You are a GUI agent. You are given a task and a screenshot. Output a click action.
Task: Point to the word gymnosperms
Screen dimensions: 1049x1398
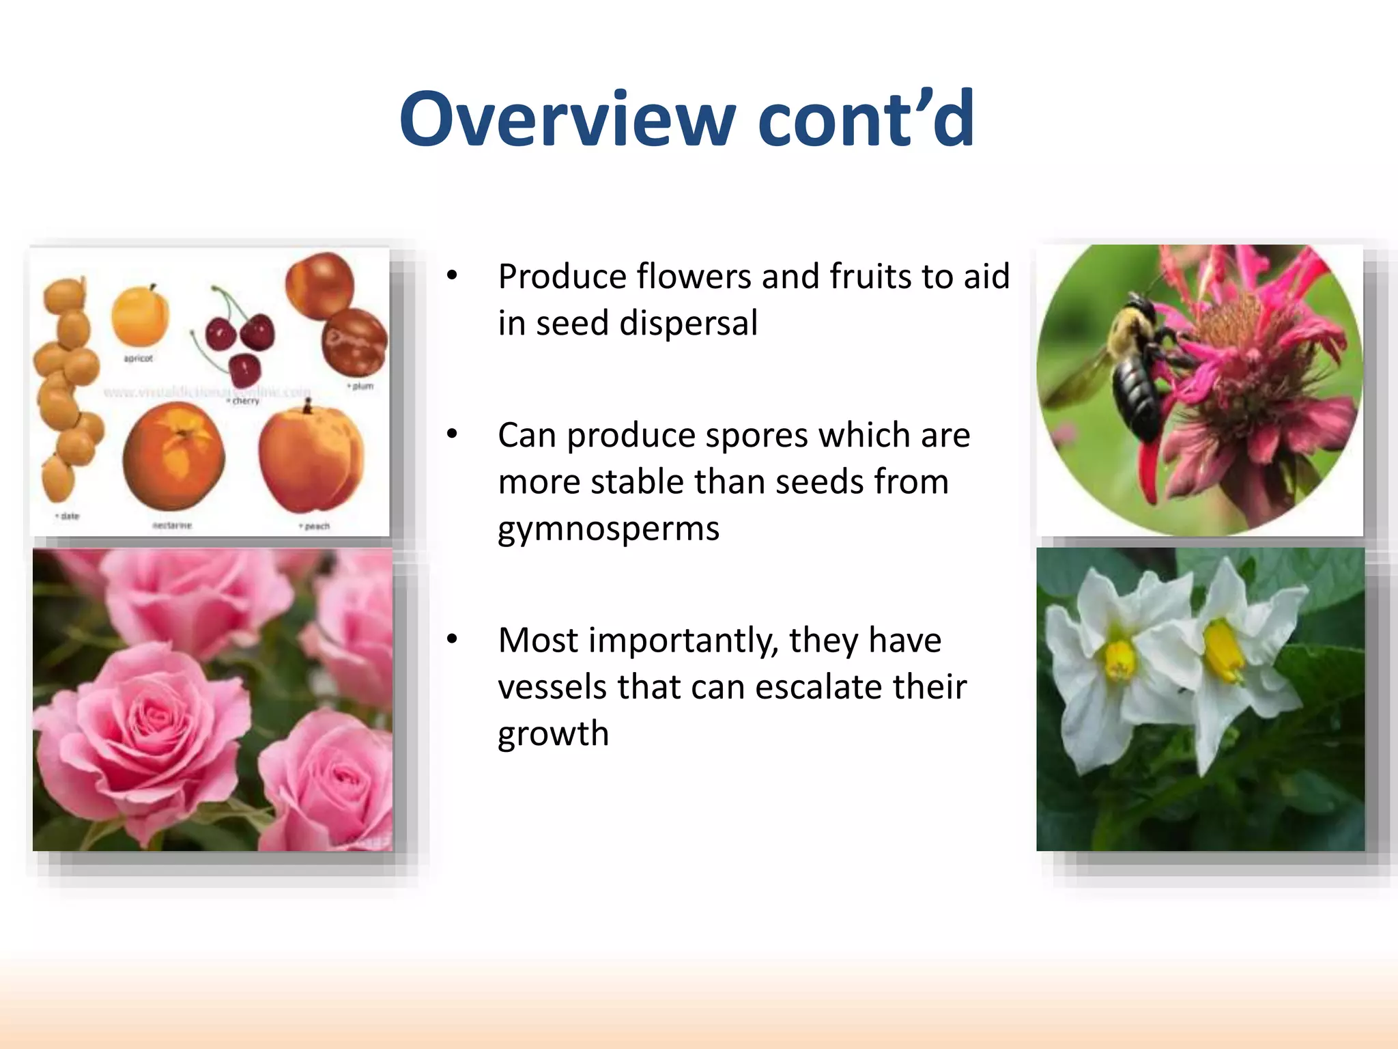click(x=608, y=529)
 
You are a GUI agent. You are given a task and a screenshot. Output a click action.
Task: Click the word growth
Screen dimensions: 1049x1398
click(x=553, y=734)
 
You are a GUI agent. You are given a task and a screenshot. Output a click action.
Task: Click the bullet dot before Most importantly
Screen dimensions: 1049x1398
click(x=452, y=639)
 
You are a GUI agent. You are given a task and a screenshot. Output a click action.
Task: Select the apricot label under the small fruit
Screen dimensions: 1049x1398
click(x=138, y=359)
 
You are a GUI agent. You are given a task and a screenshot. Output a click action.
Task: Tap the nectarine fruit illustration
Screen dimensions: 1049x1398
click(x=173, y=456)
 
